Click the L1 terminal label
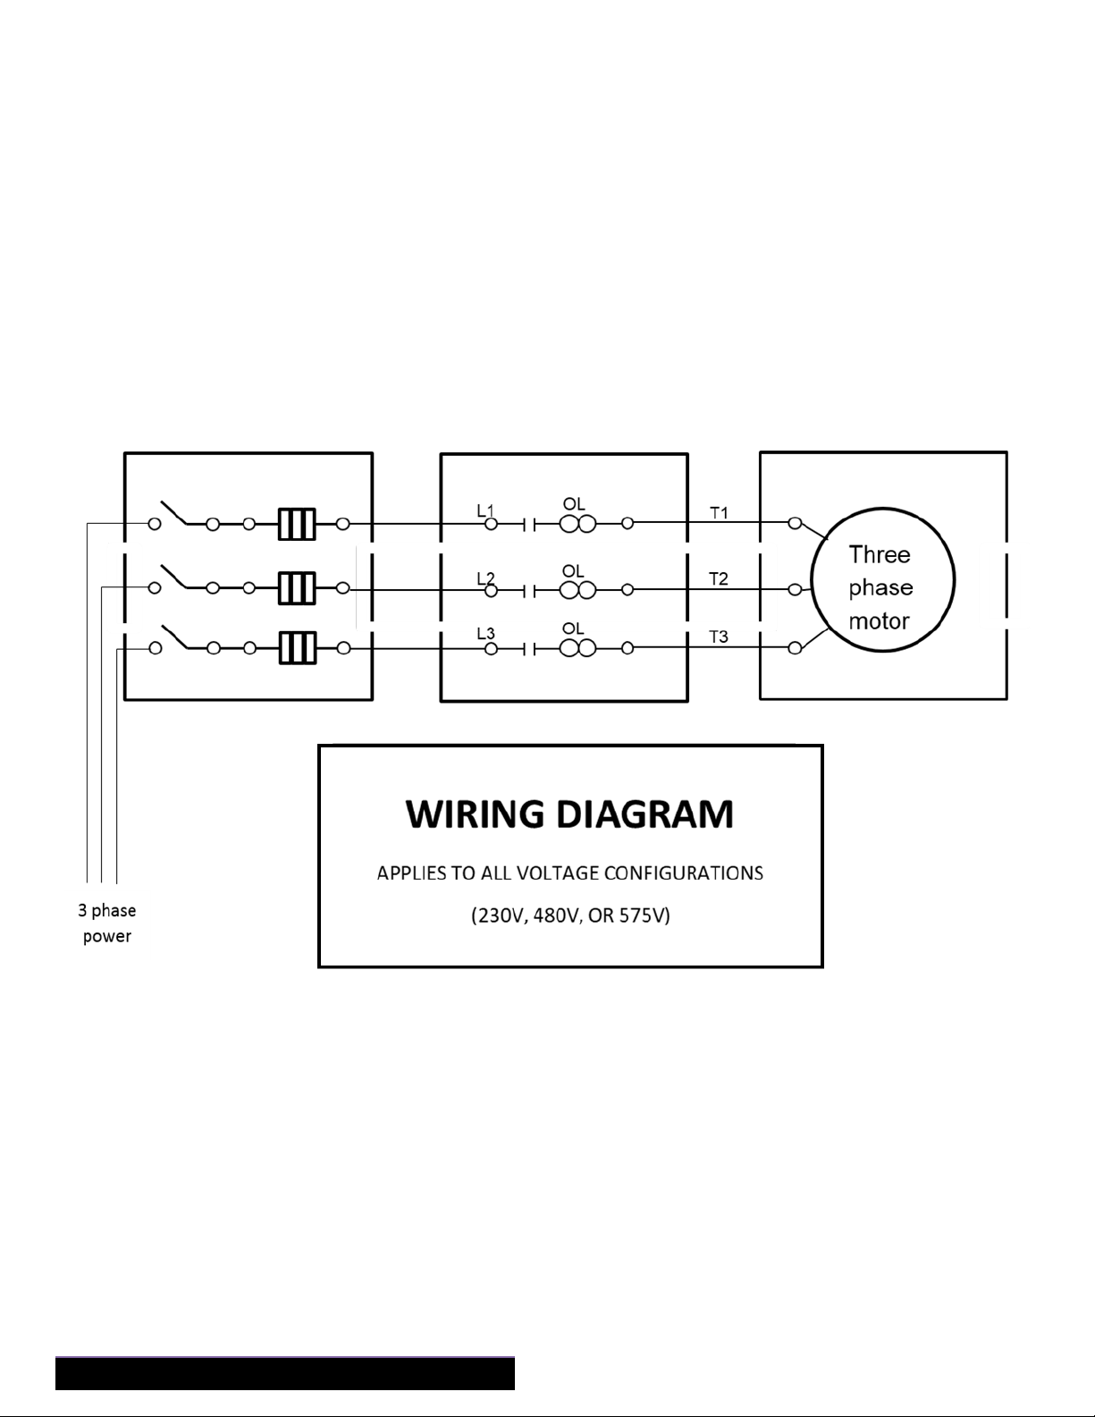point(485,510)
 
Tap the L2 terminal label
point(485,578)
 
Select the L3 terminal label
point(485,633)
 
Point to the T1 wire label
point(719,513)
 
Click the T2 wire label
point(719,578)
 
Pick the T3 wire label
point(719,637)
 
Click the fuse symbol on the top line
point(297,524)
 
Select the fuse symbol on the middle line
point(297,588)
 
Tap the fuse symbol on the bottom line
point(297,648)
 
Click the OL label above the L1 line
point(574,504)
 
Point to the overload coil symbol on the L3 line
point(578,649)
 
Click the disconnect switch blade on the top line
point(174,512)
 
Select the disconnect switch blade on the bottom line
point(174,637)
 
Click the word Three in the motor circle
point(880,555)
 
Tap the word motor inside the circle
point(879,620)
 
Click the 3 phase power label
point(107,924)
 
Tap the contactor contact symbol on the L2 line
point(529,592)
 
